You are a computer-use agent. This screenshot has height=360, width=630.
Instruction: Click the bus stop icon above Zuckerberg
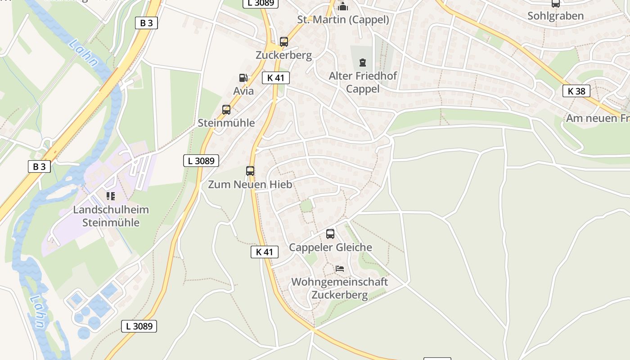pyautogui.click(x=283, y=42)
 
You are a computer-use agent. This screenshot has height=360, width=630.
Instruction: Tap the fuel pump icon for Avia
pyautogui.click(x=243, y=78)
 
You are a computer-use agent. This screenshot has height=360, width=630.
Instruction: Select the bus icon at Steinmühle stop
pyautogui.click(x=226, y=109)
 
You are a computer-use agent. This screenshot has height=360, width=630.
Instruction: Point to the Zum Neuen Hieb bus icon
pyautogui.click(x=250, y=171)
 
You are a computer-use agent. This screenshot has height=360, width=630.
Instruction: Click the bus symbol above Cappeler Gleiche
pyautogui.click(x=330, y=234)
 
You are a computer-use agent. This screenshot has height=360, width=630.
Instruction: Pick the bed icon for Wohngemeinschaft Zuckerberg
pyautogui.click(x=340, y=269)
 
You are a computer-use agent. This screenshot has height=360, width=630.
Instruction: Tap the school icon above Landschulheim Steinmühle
pyautogui.click(x=110, y=196)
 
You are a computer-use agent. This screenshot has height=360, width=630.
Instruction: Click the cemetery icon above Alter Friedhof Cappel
pyautogui.click(x=363, y=63)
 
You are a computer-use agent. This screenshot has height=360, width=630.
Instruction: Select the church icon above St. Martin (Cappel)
pyautogui.click(x=343, y=6)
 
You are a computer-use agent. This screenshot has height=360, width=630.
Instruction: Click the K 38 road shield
pyautogui.click(x=576, y=91)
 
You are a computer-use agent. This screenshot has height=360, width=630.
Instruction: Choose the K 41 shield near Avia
pyautogui.click(x=276, y=78)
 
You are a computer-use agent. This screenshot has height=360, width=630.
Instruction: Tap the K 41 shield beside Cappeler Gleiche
pyautogui.click(x=265, y=252)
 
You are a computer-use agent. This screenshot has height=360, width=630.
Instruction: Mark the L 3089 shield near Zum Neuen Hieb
pyautogui.click(x=201, y=160)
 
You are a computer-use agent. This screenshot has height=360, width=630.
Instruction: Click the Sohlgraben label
pyautogui.click(x=555, y=16)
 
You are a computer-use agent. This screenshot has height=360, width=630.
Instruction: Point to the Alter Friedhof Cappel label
pyautogui.click(x=363, y=82)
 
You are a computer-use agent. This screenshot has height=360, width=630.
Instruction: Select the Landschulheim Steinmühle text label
pyautogui.click(x=111, y=216)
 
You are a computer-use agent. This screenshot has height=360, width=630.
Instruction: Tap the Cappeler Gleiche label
pyautogui.click(x=330, y=247)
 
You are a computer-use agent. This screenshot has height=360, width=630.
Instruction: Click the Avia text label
pyautogui.click(x=243, y=91)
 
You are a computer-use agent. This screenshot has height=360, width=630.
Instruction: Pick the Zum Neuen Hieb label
pyautogui.click(x=250, y=184)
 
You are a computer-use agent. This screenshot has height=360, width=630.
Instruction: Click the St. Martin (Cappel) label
pyautogui.click(x=343, y=19)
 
